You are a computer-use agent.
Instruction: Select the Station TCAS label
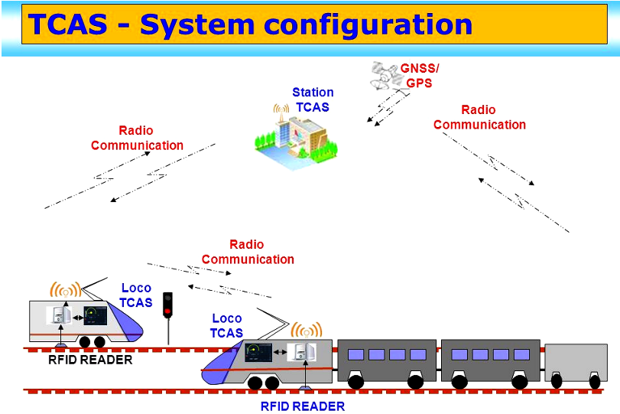313,99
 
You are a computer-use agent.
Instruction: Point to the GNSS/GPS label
420,75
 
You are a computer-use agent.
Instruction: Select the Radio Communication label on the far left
137,138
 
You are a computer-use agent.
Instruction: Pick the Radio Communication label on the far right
479,117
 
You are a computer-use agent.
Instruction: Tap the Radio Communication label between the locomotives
248,252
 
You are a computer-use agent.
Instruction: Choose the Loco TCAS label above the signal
136,295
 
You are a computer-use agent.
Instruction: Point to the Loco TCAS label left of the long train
227,325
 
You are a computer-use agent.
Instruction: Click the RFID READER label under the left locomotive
90,360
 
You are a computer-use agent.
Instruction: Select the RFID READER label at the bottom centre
303,406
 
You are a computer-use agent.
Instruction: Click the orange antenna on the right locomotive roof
307,331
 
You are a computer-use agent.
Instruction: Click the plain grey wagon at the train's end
576,360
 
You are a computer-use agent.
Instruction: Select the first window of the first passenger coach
355,354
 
